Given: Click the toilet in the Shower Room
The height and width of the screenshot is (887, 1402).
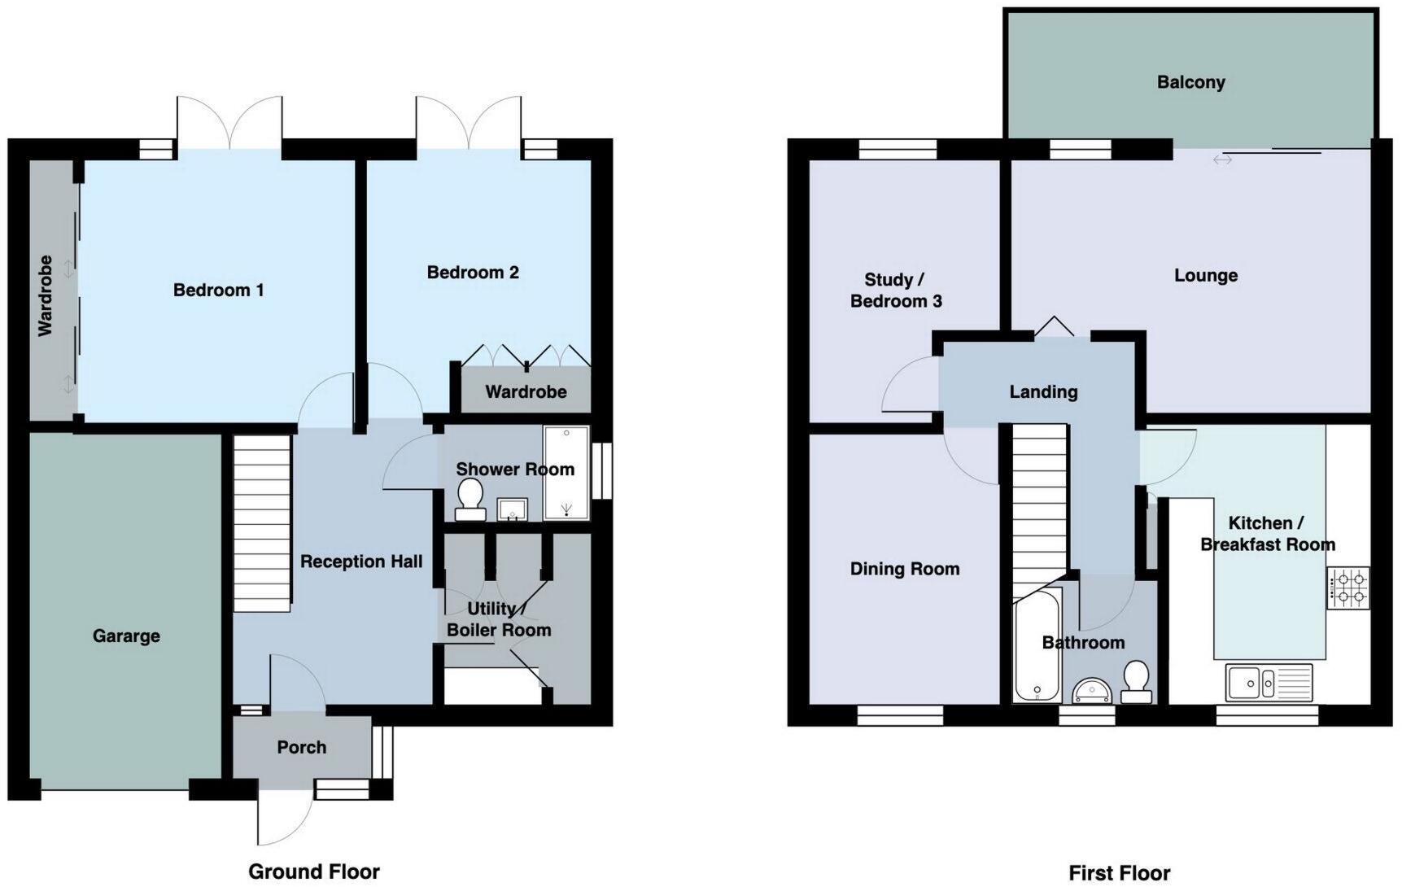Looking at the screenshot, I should click(470, 498).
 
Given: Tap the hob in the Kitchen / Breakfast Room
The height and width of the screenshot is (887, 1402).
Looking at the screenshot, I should click(1347, 588).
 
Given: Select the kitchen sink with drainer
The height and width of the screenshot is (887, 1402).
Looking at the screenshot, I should click(1269, 682).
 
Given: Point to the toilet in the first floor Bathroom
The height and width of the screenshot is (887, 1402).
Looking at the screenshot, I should click(1136, 682).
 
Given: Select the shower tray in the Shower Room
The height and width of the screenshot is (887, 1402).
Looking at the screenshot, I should click(566, 473).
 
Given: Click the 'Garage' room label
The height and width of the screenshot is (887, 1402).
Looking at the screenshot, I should click(126, 636).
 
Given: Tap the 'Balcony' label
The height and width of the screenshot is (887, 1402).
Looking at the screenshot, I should click(1190, 82).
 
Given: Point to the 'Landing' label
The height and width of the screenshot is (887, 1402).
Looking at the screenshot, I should click(1043, 392).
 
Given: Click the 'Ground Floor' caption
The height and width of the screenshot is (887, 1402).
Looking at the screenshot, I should click(314, 872).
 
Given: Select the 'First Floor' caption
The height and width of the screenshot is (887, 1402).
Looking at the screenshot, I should click(1119, 873).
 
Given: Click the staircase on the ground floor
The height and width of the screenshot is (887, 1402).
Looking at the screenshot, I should click(262, 523).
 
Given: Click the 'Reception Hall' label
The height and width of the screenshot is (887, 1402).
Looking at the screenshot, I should click(361, 561).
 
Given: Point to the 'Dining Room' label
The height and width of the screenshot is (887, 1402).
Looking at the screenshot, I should click(905, 569).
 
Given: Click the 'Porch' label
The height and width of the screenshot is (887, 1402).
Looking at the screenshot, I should click(301, 747).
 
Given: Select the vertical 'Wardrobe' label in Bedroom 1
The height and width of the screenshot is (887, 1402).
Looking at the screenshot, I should click(46, 296).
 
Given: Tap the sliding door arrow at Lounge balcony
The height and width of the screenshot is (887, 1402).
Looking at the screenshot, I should click(1222, 160).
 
